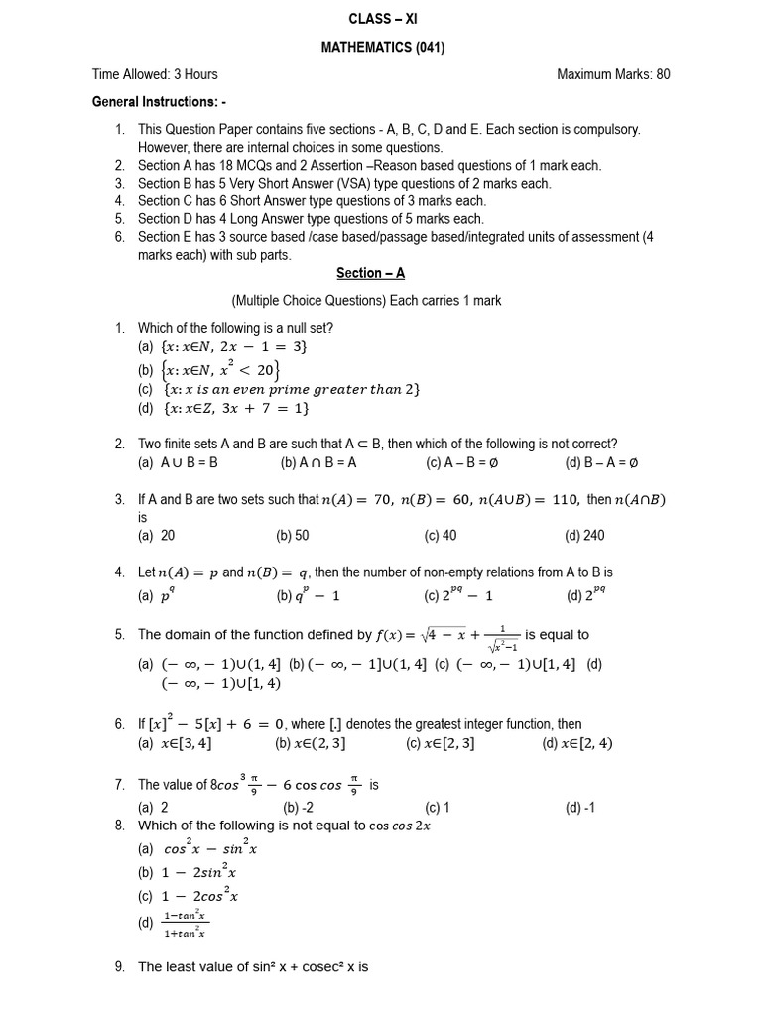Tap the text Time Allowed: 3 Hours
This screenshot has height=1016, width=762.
click(155, 74)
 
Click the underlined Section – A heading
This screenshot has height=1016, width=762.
click(370, 273)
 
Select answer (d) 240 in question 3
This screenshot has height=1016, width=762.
click(584, 536)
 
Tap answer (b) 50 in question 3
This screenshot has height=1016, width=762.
click(293, 536)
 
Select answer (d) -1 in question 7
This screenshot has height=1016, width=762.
click(580, 807)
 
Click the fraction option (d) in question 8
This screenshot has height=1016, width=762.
click(175, 924)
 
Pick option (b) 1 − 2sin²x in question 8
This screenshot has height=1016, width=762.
click(188, 873)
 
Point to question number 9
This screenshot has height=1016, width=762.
click(119, 967)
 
